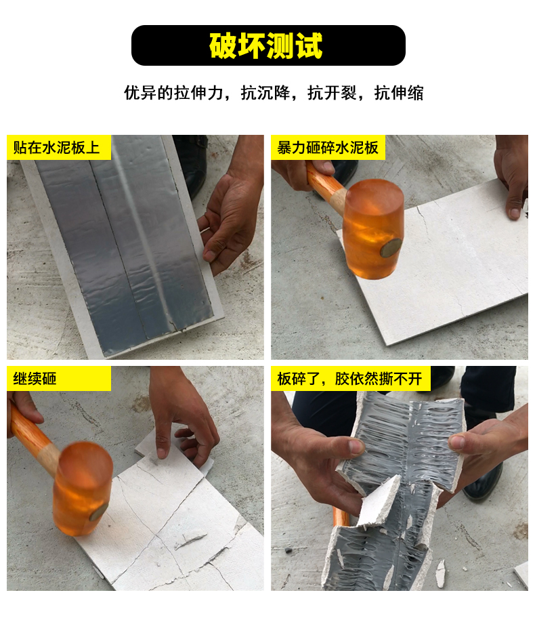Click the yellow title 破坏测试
coord(266,45)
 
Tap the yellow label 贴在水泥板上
coord(57,148)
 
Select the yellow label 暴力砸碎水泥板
coord(327,148)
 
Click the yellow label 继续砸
coord(35,379)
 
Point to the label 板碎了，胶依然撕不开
coord(350,379)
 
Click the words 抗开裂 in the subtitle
coord(332,93)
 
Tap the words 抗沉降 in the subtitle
coord(265,93)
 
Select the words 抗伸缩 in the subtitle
coord(399,93)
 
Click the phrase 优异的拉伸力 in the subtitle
coord(174,93)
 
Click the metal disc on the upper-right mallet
coord(391,248)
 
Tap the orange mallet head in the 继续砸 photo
coord(82,489)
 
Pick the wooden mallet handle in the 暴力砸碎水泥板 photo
coord(326,185)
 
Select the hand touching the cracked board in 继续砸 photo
coord(181,418)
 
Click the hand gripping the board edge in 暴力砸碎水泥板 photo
coord(511,178)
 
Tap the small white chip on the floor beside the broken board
coord(440,573)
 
